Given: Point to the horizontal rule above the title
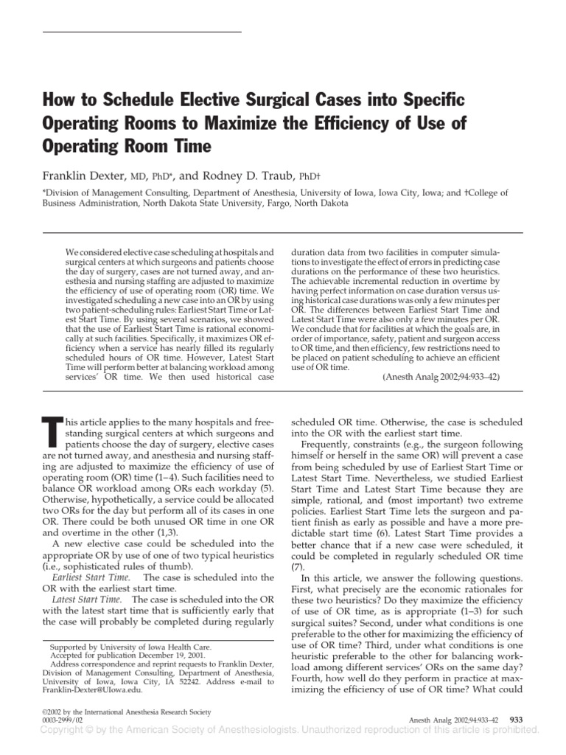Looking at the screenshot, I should coord(141,32).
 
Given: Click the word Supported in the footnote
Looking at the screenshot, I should coord(68,644).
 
